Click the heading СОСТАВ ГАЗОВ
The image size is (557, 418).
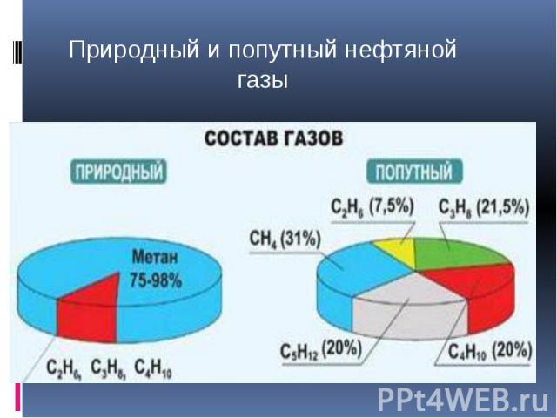click(273, 138)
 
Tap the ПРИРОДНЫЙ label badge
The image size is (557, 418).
click(118, 172)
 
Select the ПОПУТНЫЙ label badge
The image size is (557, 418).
click(414, 172)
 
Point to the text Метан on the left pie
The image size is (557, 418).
click(155, 257)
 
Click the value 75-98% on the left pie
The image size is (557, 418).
click(156, 280)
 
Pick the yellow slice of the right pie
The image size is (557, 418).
click(397, 252)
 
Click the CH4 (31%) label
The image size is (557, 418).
click(285, 239)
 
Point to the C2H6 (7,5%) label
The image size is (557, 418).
click(372, 207)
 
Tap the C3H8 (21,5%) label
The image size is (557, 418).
click(484, 207)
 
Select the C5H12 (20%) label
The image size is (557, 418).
click(321, 349)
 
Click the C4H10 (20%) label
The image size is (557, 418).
click(490, 352)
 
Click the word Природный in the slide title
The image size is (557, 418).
click(133, 51)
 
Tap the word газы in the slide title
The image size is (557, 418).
click(263, 81)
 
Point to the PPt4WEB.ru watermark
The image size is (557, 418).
click(463, 400)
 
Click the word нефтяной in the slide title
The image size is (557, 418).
click(400, 50)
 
